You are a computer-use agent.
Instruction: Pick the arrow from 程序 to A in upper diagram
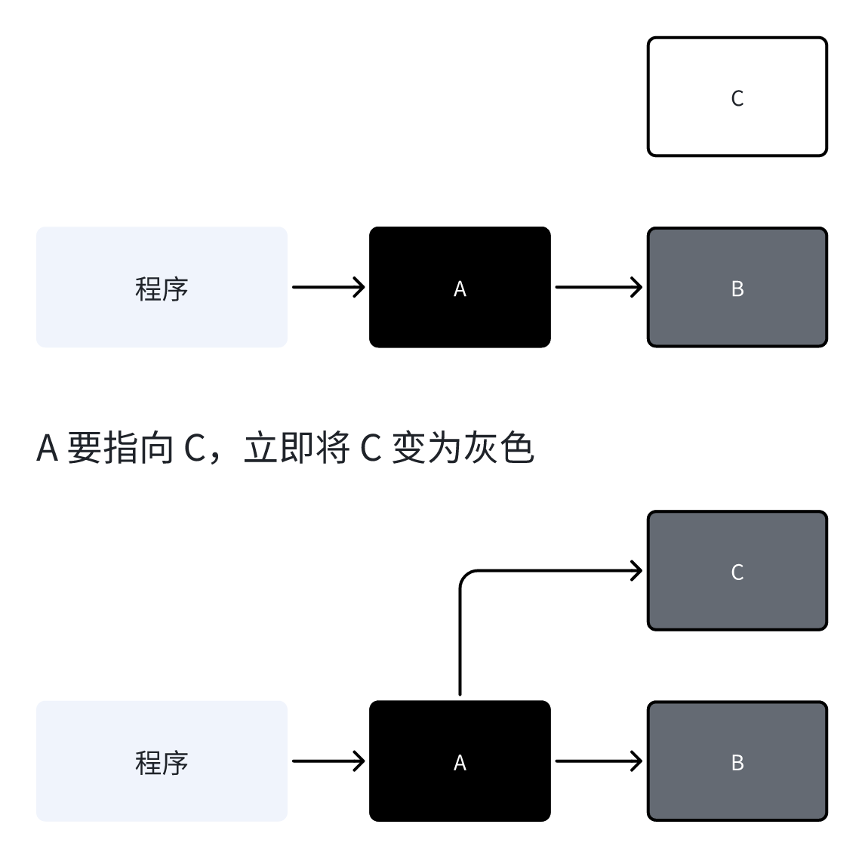328,287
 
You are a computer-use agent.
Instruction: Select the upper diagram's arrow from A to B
598,287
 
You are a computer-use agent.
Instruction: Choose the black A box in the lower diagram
460,789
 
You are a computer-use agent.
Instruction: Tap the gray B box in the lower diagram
737,789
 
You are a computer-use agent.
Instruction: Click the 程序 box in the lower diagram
162,789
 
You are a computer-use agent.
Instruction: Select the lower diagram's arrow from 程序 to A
328,761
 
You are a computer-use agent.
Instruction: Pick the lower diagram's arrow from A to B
598,761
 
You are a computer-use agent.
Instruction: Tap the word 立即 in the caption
279,448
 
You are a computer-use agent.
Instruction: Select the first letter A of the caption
48,448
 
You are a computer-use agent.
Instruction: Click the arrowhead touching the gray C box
636,571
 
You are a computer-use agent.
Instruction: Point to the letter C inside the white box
737,98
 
